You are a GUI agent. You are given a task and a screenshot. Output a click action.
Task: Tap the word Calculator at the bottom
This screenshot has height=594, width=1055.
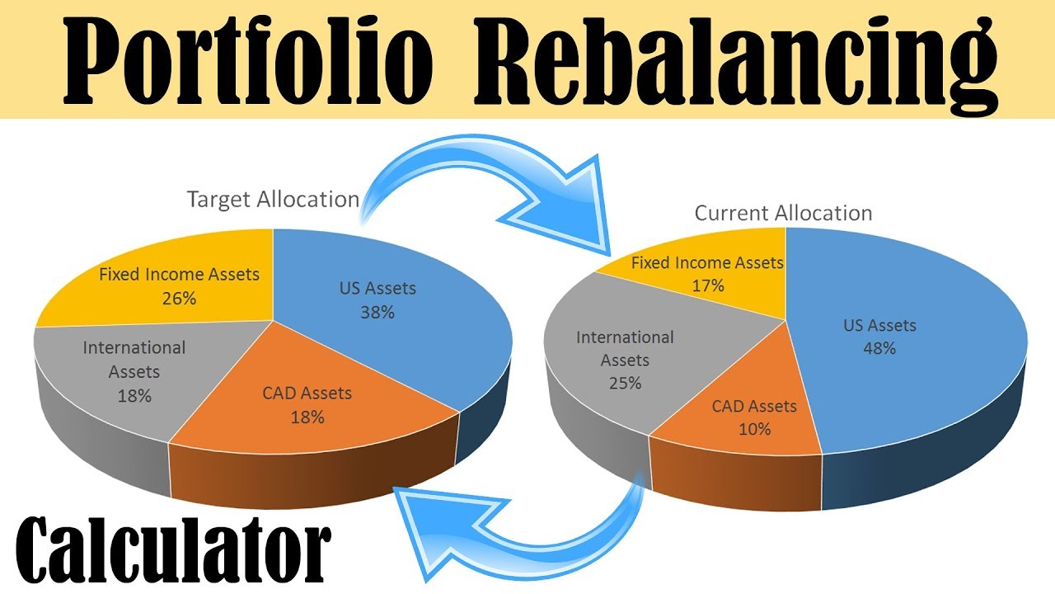click(173, 549)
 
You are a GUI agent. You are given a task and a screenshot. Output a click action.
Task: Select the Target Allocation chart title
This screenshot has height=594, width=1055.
click(273, 200)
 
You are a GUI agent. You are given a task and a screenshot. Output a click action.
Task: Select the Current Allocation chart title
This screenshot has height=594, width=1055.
click(783, 213)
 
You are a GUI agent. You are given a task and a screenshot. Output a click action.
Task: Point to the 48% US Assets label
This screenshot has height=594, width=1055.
click(879, 336)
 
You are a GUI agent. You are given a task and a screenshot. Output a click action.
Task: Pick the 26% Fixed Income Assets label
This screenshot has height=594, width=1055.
click(179, 285)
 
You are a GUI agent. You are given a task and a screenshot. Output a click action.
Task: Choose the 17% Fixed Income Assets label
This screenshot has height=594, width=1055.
click(707, 274)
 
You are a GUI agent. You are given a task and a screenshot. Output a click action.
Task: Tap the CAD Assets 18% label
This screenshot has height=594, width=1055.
click(307, 404)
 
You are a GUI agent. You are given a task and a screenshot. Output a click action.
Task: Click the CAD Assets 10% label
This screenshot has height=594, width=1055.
click(754, 417)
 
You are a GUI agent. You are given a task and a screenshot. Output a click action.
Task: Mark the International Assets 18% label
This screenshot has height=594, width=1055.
click(134, 371)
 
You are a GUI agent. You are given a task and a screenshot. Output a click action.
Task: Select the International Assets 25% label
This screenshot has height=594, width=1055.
click(625, 360)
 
